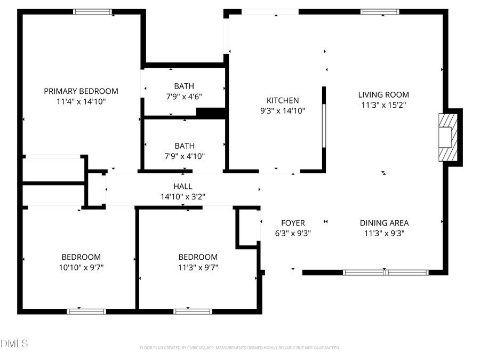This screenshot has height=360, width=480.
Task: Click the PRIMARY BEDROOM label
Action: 81,91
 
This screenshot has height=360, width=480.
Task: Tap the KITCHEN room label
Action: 283,100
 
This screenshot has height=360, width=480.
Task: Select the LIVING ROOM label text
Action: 383,95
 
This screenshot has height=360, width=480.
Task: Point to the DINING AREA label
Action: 384,223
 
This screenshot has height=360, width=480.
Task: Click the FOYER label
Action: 293,223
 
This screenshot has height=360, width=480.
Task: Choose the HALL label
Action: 183,186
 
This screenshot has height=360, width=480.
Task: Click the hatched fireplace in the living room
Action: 447,137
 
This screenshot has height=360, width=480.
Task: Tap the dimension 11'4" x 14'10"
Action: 81,101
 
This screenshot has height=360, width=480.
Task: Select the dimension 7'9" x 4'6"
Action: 184,97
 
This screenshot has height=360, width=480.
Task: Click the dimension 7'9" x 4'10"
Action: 184,156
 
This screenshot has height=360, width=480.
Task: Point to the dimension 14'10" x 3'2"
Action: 183,196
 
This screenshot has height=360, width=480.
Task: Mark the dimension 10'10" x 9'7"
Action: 81,267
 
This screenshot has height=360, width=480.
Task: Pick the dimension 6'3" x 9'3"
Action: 293,233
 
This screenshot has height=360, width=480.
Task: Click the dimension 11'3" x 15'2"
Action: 383,105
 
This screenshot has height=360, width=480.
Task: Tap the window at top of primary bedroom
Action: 92,12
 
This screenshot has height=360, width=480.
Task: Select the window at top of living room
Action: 380,12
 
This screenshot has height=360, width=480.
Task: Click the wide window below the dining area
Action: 386,273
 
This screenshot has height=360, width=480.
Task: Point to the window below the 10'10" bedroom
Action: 86,311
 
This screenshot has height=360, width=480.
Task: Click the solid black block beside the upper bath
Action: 211,113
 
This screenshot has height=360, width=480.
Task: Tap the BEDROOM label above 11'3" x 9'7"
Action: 198,257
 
